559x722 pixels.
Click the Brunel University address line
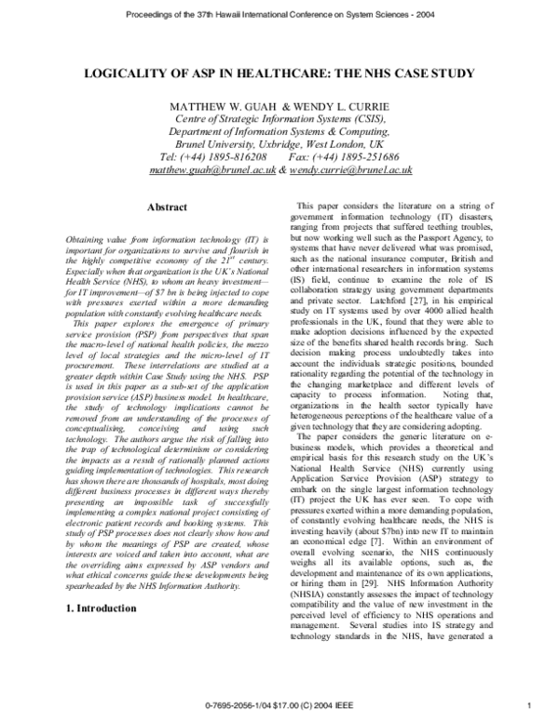pyautogui.click(x=276, y=145)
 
